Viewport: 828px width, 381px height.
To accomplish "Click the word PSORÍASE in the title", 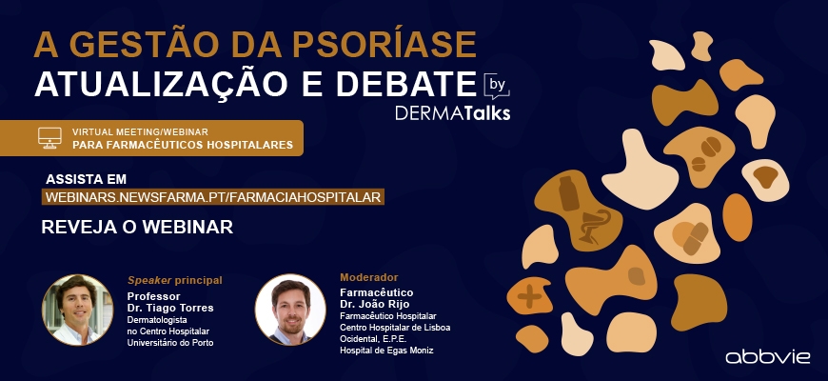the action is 384,45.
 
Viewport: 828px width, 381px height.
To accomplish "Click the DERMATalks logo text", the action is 453,113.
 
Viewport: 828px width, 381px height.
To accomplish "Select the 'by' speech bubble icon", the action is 497,86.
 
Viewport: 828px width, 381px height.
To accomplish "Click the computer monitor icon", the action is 49,138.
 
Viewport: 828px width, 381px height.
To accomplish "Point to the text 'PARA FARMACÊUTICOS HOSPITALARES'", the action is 183,145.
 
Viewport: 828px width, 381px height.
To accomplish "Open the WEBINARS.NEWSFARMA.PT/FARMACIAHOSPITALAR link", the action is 213,197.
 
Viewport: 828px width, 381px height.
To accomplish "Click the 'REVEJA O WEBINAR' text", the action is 137,227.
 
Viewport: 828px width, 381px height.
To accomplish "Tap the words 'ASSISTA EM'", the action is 86,179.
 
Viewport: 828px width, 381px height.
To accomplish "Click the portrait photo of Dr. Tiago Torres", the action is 78,311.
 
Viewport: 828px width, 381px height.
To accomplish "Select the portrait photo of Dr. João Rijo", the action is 290,310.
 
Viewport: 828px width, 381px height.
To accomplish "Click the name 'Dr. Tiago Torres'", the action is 170,308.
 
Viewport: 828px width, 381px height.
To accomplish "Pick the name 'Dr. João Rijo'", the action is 375,304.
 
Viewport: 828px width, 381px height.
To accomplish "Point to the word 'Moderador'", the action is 369,277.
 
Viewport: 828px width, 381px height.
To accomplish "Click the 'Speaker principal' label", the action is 175,280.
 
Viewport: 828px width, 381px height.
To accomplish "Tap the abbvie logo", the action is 768,357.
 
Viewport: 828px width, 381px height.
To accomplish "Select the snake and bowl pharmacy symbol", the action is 594,226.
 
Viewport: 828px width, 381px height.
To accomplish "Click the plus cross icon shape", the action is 529,297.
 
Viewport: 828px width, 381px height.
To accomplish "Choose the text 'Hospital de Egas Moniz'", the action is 386,351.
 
